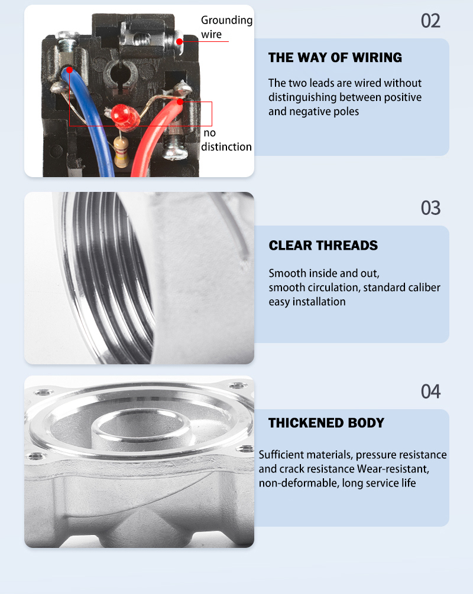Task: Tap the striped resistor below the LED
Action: tap(121, 152)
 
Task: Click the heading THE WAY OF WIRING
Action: tap(335, 58)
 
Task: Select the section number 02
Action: tap(430, 21)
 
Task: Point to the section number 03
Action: tap(430, 208)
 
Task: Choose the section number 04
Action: tap(430, 391)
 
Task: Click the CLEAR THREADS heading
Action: tap(323, 246)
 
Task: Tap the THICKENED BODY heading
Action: tap(326, 423)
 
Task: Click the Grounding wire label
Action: tap(226, 27)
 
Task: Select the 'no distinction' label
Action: tap(226, 140)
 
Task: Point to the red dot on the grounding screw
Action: tap(179, 41)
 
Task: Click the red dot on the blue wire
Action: tap(69, 70)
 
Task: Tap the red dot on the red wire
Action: tap(180, 102)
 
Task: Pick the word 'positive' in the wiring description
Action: tap(403, 97)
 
